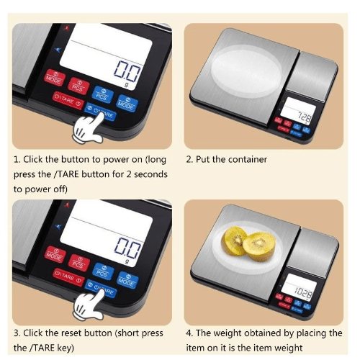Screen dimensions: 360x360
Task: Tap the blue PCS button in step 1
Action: [101, 93]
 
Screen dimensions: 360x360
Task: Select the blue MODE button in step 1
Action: [127, 103]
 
